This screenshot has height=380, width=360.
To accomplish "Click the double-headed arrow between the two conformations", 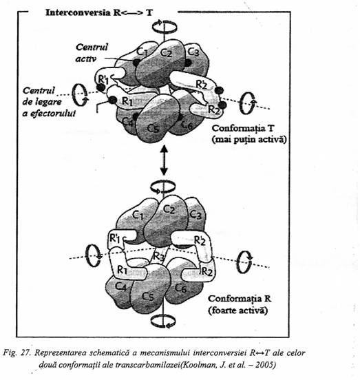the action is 164,160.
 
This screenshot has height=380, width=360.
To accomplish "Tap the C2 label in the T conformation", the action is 167,52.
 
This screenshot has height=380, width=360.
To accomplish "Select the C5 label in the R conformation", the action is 148,296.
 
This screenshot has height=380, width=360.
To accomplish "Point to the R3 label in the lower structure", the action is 159,256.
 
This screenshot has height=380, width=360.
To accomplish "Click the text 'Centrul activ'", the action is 92,53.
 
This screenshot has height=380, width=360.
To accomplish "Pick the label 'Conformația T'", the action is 242,128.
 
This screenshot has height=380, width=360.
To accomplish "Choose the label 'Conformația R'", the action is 240,299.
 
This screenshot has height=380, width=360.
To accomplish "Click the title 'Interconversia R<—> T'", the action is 99,12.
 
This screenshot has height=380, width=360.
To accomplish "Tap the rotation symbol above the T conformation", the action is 165,26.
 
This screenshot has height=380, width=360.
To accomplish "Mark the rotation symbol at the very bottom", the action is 163,321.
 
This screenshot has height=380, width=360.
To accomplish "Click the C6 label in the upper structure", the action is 187,125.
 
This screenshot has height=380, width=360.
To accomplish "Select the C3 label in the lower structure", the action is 195,214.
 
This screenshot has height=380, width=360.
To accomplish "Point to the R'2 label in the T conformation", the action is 201,84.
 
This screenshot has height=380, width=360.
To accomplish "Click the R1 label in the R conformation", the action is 122,270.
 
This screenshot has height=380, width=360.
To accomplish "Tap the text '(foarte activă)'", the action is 238,310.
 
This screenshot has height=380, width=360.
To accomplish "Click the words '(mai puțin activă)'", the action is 249,140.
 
